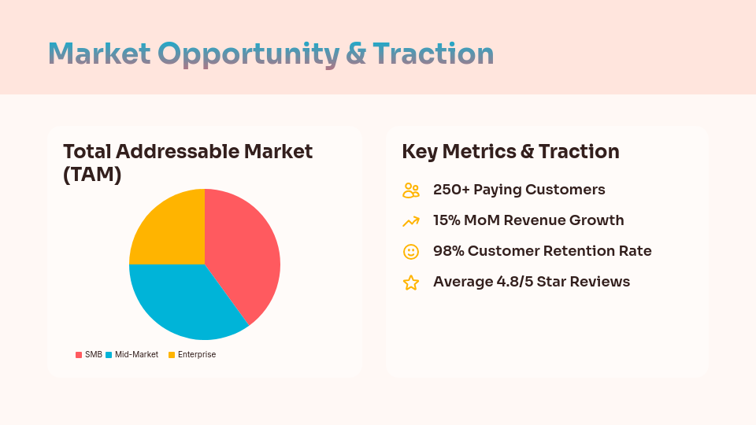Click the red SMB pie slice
coord(244,248)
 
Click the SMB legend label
coord(93,355)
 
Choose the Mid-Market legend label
coord(136,355)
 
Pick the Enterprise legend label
coord(196,355)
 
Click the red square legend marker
coord(79,355)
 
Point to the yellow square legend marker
coord(171,355)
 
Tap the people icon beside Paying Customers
coord(411,190)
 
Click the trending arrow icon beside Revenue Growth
coord(411,221)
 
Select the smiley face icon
coord(411,252)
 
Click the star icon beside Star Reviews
coord(411,283)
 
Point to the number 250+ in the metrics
coord(450,190)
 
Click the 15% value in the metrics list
coord(447,220)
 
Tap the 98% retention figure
coord(447,251)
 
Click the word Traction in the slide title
coord(433,54)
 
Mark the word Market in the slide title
coord(99,54)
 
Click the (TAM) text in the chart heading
coord(92,175)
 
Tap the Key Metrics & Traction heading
coord(510,152)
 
